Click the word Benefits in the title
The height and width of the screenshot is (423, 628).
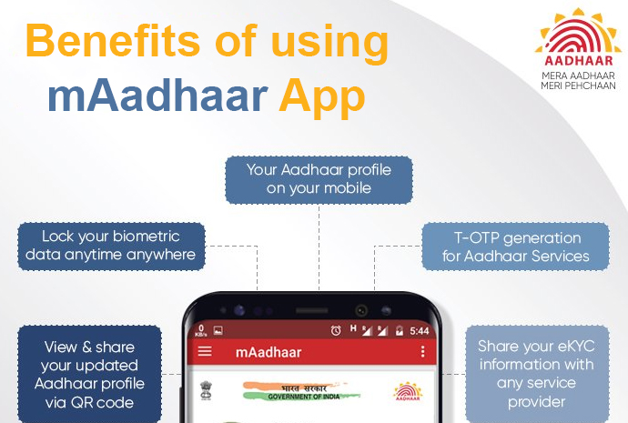(112, 41)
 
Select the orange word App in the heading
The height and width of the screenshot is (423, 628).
(322, 98)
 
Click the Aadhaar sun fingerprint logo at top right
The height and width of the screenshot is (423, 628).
(578, 36)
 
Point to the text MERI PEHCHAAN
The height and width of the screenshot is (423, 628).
(578, 86)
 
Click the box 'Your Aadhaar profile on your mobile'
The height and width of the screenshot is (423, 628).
(319, 180)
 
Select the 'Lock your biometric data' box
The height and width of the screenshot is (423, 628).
(111, 247)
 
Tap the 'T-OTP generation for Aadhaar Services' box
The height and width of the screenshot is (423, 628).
(516, 247)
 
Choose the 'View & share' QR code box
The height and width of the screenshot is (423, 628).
(89, 374)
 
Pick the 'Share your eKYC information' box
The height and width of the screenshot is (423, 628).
(537, 374)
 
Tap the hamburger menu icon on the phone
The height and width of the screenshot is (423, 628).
(205, 351)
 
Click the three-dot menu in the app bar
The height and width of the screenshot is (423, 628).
(422, 352)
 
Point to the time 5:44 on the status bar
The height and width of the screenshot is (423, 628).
(420, 331)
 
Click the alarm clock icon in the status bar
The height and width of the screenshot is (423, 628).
(336, 330)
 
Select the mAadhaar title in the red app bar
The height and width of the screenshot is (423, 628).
(268, 352)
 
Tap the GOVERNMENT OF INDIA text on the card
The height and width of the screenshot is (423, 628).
(304, 397)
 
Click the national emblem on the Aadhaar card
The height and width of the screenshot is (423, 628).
(206, 390)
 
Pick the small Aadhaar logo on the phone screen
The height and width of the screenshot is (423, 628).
(408, 391)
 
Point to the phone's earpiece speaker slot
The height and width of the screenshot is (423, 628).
(311, 310)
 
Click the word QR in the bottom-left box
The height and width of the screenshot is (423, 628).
(82, 403)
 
